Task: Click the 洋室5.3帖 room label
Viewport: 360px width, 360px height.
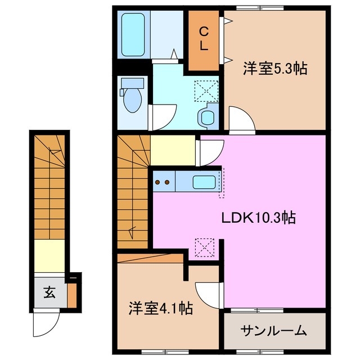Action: coord(275,69)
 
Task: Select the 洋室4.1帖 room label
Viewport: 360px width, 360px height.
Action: coord(161,308)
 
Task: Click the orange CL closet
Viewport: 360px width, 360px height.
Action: coord(203,39)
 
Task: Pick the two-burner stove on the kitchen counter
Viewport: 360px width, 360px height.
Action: coord(163,182)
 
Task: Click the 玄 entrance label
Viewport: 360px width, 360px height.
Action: coord(49,292)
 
